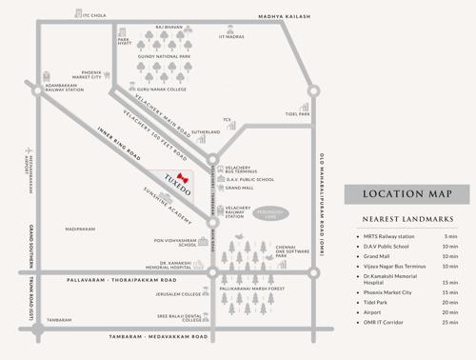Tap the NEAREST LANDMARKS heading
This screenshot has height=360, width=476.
(407, 220)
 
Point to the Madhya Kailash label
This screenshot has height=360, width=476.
(284, 16)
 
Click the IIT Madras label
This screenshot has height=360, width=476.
(231, 37)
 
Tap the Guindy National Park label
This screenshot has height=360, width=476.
(164, 57)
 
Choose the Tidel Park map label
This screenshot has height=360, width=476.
(297, 114)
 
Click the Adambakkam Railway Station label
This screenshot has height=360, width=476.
(58, 88)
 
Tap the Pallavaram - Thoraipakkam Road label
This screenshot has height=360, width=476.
(125, 281)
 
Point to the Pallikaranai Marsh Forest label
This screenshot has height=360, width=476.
(252, 288)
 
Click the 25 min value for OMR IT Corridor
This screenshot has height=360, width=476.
(449, 322)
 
